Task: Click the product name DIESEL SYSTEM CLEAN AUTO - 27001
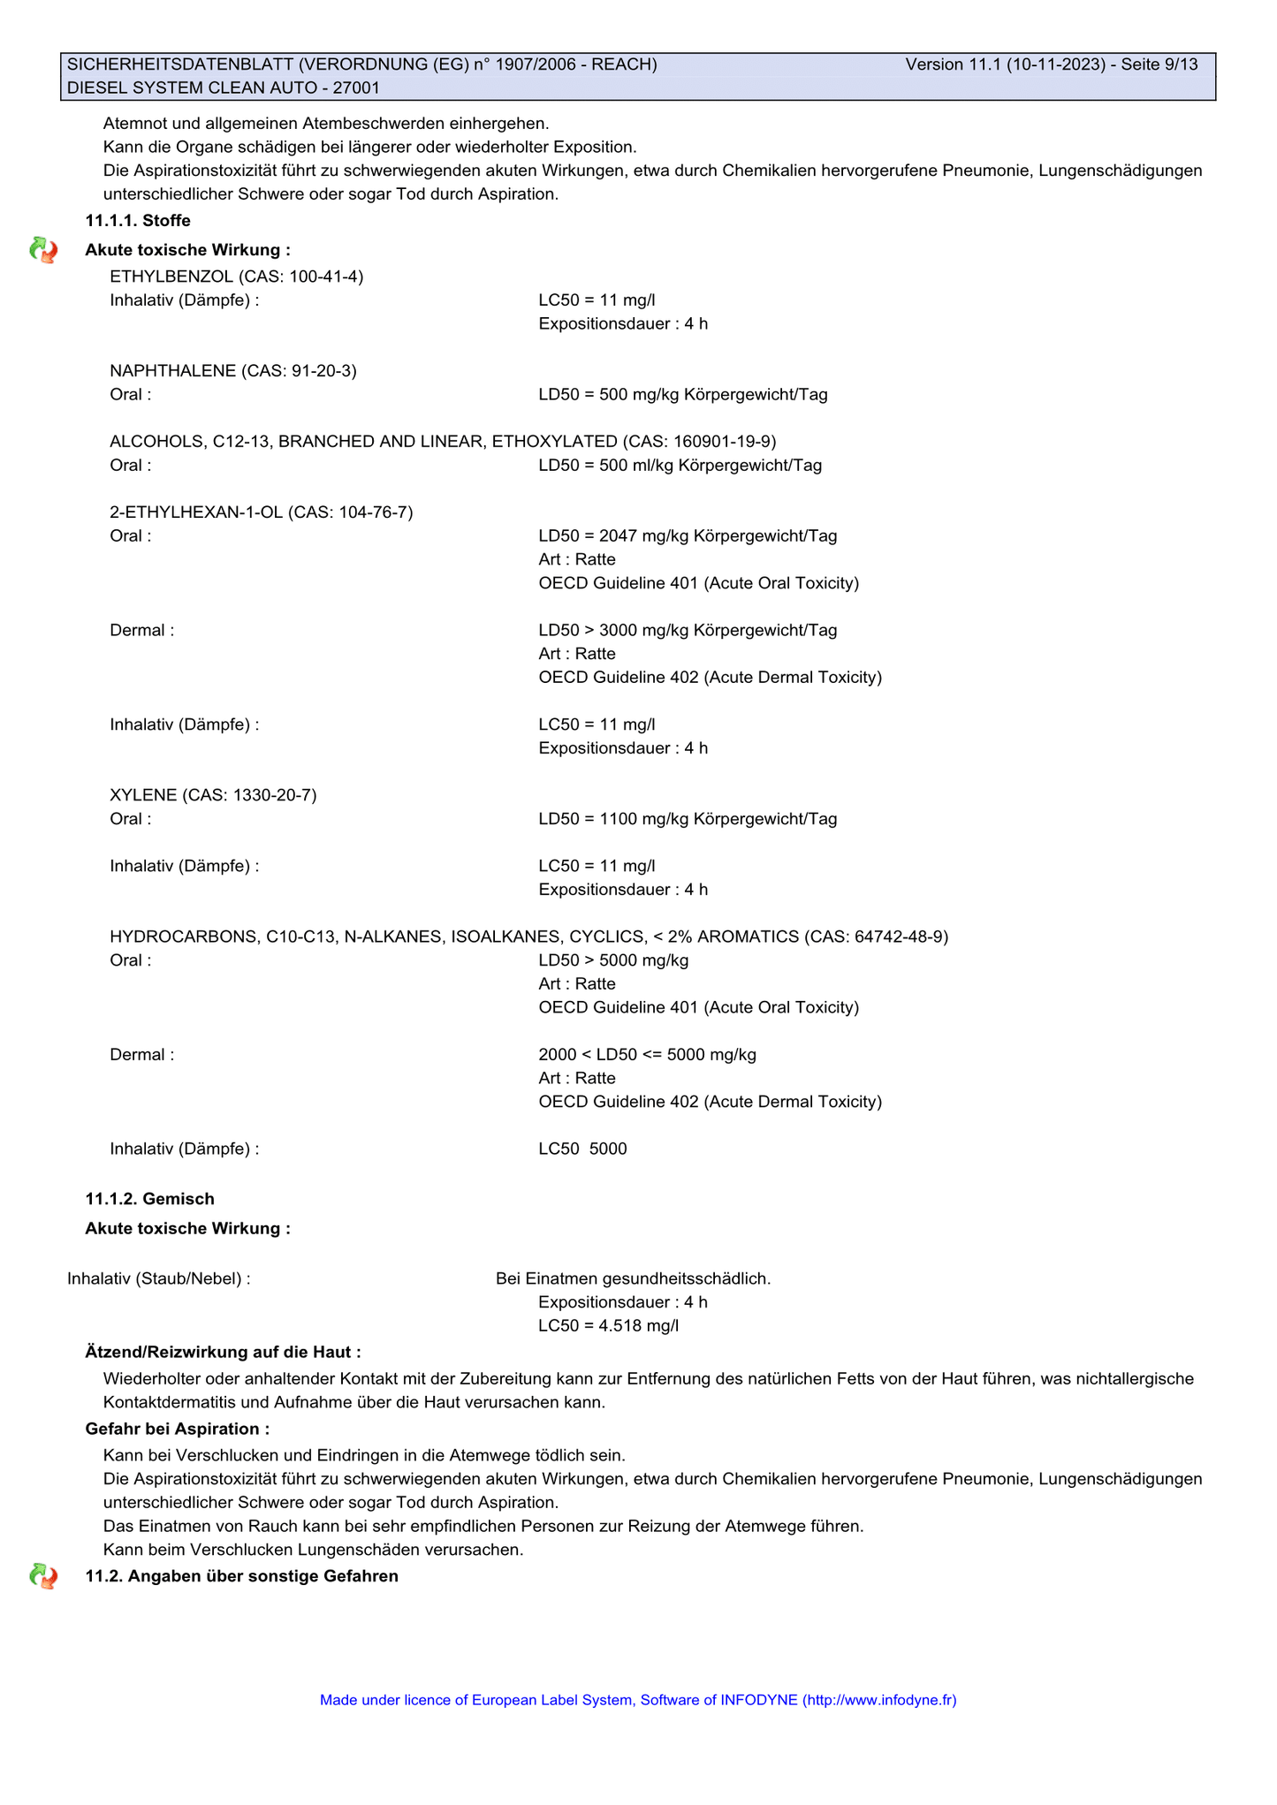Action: (224, 87)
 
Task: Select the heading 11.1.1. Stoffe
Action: (138, 220)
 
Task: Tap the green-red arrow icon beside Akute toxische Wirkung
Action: (43, 251)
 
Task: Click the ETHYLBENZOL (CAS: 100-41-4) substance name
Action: (236, 277)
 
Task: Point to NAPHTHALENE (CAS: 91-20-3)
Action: (233, 370)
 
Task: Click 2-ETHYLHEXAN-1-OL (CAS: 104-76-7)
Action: (261, 512)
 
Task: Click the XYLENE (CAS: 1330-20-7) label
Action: (213, 794)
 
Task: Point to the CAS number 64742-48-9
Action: (901, 937)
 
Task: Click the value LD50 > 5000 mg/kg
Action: (613, 960)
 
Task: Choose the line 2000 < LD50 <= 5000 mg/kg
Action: (647, 1054)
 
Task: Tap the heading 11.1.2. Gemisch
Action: (149, 1199)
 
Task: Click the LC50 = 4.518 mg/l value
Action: (608, 1325)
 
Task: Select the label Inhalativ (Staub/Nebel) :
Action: (159, 1278)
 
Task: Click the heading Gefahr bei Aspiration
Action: (177, 1429)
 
